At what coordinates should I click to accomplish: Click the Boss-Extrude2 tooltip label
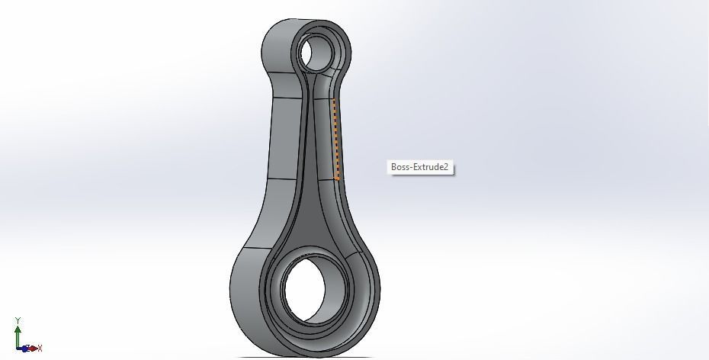[x=422, y=167]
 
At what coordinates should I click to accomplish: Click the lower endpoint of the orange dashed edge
[x=338, y=179]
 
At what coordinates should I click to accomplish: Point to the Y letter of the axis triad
[x=17, y=321]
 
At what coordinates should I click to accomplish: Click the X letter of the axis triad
[x=40, y=348]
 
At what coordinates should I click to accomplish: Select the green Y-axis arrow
[x=17, y=336]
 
